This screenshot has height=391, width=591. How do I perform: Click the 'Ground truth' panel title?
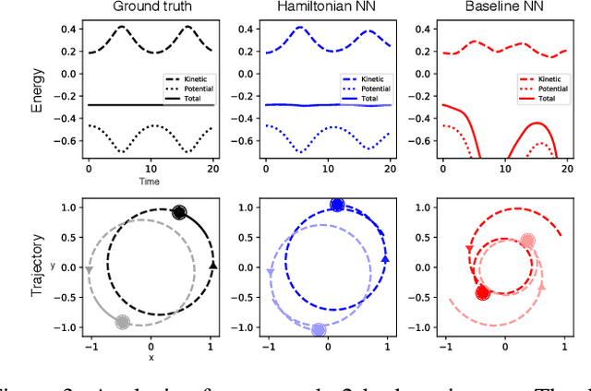pos(151,7)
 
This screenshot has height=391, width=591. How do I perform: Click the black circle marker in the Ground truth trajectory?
pos(179,212)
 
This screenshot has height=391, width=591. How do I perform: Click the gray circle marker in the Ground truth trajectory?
pos(123,322)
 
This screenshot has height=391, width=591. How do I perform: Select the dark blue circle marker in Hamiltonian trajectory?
pos(337,205)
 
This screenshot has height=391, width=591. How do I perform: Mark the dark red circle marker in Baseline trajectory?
pos(482,293)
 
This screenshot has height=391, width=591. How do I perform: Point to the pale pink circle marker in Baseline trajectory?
pos(527,241)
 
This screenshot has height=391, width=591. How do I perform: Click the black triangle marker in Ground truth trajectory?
pos(213,266)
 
